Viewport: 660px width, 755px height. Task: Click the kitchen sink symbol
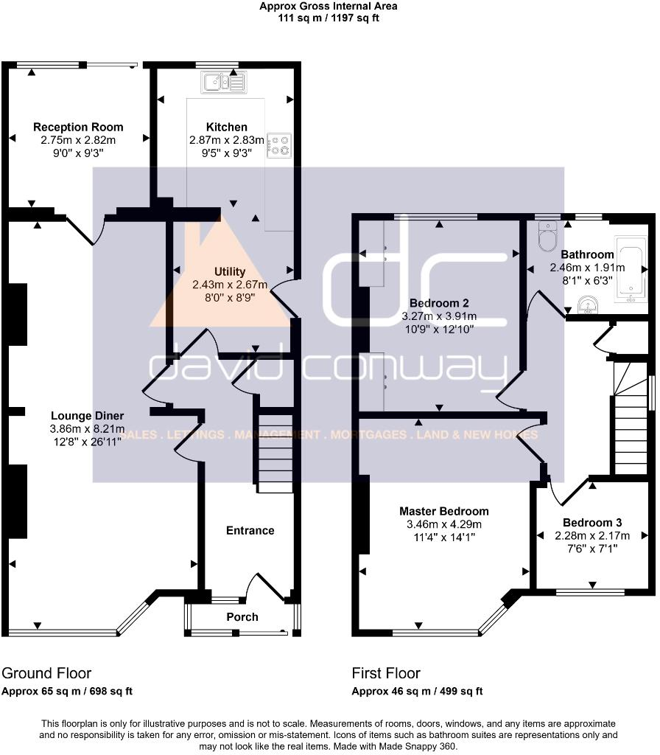point(226,81)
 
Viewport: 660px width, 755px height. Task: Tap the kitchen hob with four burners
point(279,145)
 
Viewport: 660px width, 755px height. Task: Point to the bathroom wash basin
point(589,304)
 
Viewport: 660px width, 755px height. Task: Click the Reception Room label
point(78,128)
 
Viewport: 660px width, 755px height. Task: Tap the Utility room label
point(230,272)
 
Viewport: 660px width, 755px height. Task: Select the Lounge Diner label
point(87,415)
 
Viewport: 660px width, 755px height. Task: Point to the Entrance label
point(250,530)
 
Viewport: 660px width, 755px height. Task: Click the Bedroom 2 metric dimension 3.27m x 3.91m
point(440,316)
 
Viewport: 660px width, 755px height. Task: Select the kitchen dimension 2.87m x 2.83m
point(226,140)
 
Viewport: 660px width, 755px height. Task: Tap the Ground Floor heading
point(46,673)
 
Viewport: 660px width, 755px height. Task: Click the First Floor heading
point(386,673)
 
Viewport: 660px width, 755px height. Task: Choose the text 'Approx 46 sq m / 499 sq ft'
point(417,692)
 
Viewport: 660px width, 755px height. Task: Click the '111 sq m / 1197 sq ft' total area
point(329,18)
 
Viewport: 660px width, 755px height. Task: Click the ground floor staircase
point(274,450)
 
